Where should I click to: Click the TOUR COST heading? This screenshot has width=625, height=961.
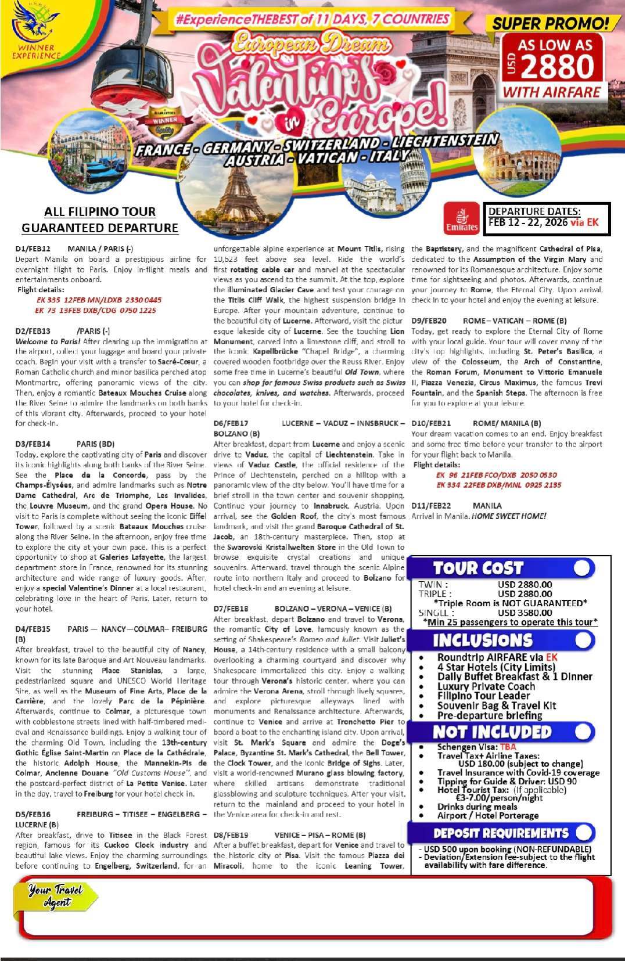tap(478, 568)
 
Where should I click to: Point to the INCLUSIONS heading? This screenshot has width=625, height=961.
tap(482, 640)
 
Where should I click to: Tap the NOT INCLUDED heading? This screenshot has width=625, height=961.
tap(491, 732)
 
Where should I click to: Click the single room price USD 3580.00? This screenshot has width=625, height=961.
tap(525, 613)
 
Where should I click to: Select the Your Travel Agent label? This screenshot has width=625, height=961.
tap(56, 896)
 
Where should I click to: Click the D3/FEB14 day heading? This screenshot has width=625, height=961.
tap(33, 444)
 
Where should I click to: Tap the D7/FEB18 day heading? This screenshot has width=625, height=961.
tap(231, 609)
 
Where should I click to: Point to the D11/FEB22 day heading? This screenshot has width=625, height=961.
tap(431, 506)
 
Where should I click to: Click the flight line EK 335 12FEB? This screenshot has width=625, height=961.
tap(99, 300)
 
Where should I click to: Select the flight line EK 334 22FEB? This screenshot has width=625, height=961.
tap(498, 485)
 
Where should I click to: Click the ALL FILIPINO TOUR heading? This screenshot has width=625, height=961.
tap(100, 212)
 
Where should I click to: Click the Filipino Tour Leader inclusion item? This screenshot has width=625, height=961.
tap(483, 696)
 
